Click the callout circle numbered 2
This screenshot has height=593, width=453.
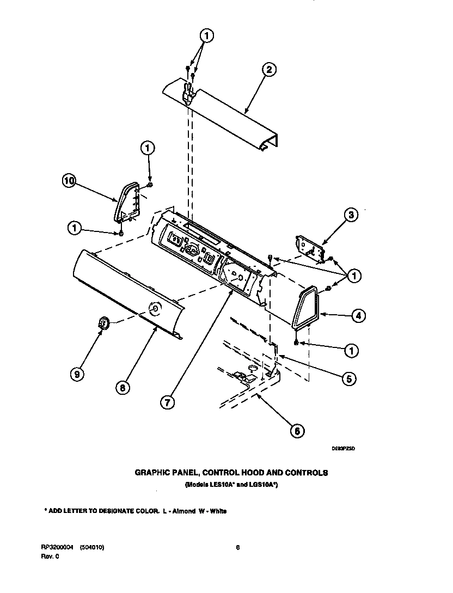click(x=268, y=69)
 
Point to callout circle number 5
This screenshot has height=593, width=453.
click(x=349, y=378)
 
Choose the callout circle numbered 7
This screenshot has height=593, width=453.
click(x=168, y=402)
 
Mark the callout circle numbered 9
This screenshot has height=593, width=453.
click(x=77, y=374)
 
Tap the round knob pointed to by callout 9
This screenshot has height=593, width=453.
click(x=103, y=323)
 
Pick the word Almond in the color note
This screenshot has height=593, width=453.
click(x=184, y=511)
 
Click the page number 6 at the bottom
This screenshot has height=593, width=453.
click(x=238, y=547)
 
